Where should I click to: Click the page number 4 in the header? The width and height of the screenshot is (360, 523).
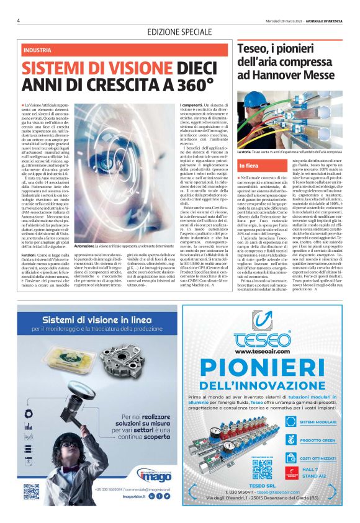click(19, 20)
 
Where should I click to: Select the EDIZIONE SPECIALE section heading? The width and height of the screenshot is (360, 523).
click(180, 32)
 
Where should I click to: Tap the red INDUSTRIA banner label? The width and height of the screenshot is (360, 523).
click(38, 50)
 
